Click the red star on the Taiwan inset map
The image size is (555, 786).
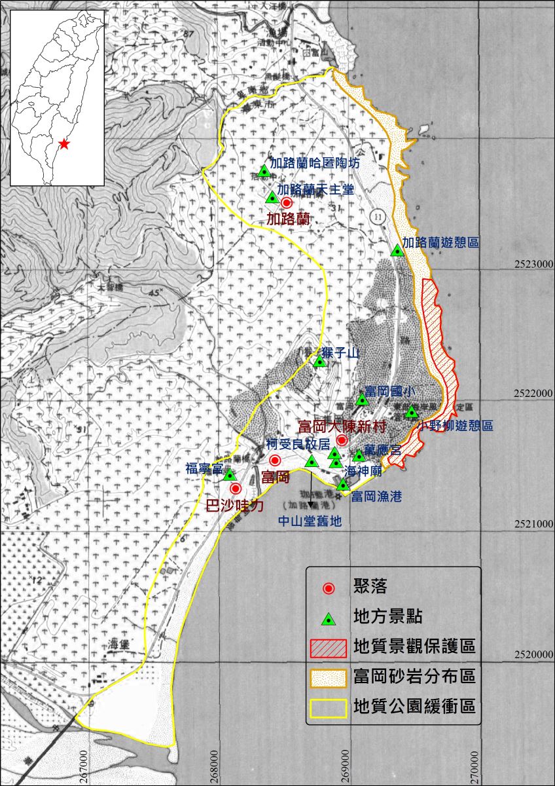coord(63,143)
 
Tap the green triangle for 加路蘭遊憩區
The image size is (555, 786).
coord(397,250)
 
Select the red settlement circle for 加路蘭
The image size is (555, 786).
coord(286,203)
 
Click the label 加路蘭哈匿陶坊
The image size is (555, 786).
coord(315,162)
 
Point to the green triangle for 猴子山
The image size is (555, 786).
coord(319,361)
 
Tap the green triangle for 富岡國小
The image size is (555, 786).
coord(362,400)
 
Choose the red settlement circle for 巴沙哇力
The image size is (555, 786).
coord(236,489)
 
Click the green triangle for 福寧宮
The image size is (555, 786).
coord(229,474)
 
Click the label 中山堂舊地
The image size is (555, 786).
coord(310,521)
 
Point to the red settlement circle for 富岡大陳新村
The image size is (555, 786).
coord(341,440)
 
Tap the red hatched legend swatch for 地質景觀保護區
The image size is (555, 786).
coord(328,647)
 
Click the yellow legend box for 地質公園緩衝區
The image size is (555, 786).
coord(328,709)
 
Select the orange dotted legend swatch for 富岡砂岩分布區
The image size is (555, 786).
coord(328,678)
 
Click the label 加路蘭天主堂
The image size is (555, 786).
coord(315,190)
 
